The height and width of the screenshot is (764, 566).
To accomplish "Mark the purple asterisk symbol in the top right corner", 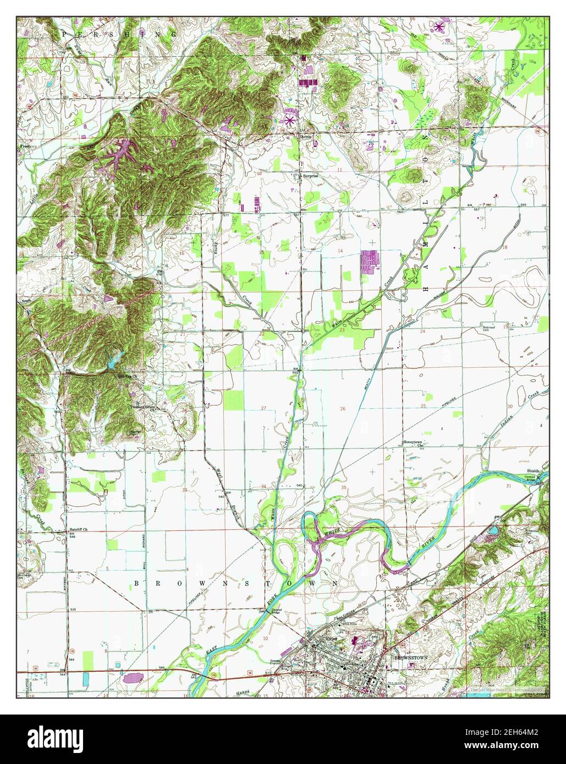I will tap(439, 25).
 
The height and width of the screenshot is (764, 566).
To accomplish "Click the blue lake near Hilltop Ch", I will tap(113, 362).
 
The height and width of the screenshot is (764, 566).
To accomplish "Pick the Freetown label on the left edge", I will tap(26, 147).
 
